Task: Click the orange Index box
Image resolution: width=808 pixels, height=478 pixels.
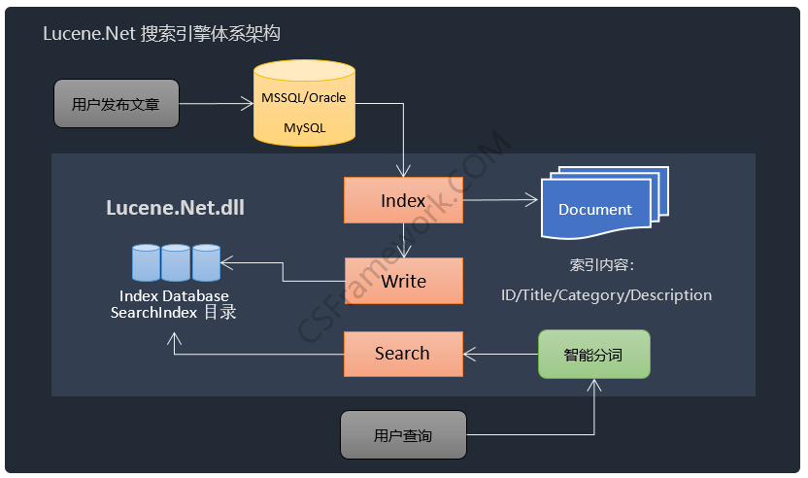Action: [403, 200]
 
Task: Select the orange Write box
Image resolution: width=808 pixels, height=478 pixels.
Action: [403, 281]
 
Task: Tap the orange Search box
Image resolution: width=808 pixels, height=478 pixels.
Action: [403, 354]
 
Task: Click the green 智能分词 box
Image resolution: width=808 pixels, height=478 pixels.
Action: [594, 355]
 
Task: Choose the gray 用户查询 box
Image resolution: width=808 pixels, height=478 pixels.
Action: [403, 434]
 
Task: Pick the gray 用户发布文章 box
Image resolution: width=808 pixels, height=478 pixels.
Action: [117, 103]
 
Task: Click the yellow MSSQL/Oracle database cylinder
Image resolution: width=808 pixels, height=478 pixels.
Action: [304, 103]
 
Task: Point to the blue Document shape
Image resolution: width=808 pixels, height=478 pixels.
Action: [604, 203]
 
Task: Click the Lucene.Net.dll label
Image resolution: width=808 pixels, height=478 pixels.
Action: [175, 207]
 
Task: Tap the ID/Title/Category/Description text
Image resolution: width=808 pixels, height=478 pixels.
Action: [607, 295]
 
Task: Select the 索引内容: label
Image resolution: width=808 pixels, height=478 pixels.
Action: [602, 265]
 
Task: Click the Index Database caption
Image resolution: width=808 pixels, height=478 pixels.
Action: [174, 296]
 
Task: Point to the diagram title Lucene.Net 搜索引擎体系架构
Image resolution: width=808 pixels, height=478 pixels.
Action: [161, 33]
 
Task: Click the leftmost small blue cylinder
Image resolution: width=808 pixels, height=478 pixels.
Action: [146, 262]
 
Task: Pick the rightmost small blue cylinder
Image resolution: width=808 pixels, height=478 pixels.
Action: [206, 262]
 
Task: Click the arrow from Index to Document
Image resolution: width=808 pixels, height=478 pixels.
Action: [500, 199]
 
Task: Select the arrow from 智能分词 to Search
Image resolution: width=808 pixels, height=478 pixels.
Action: [500, 355]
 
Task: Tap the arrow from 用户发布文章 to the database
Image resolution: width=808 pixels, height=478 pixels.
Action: [217, 104]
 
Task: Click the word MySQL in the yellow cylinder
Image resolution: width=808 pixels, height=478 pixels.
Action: [305, 127]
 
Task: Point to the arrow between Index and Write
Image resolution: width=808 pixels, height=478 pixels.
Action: [403, 240]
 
